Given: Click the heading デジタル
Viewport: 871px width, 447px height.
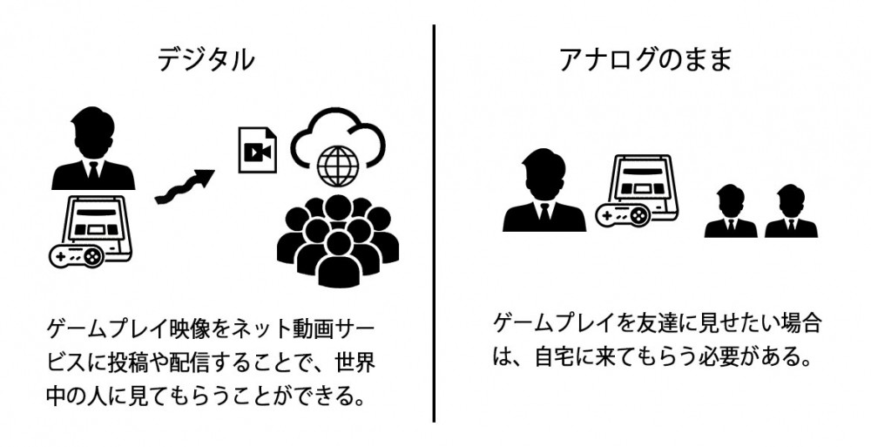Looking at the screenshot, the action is (x=206, y=59).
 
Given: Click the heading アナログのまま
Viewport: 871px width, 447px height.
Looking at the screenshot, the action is (x=645, y=59).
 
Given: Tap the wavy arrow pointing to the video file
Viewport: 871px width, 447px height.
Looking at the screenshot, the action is (x=185, y=186).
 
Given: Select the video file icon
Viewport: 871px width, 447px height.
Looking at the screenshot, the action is (x=257, y=150).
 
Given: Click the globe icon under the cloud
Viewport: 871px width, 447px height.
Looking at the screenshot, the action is (x=337, y=166).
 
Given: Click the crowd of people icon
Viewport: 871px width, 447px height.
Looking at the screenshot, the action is (x=338, y=240).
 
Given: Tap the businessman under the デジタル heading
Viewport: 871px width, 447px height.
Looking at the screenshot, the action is (x=93, y=148).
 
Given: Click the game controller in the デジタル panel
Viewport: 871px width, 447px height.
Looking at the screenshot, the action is (x=77, y=256).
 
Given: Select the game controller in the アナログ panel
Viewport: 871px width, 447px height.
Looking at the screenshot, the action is (x=623, y=214).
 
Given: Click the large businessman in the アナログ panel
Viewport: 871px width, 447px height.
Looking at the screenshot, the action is (x=544, y=190).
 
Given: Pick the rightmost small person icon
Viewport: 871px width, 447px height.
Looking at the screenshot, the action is (x=791, y=211).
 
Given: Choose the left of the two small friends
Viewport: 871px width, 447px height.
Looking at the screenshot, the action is (x=731, y=211).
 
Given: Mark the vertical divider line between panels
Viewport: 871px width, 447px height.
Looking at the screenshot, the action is (x=433, y=223).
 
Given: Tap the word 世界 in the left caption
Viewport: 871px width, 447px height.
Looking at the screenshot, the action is (x=355, y=362).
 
